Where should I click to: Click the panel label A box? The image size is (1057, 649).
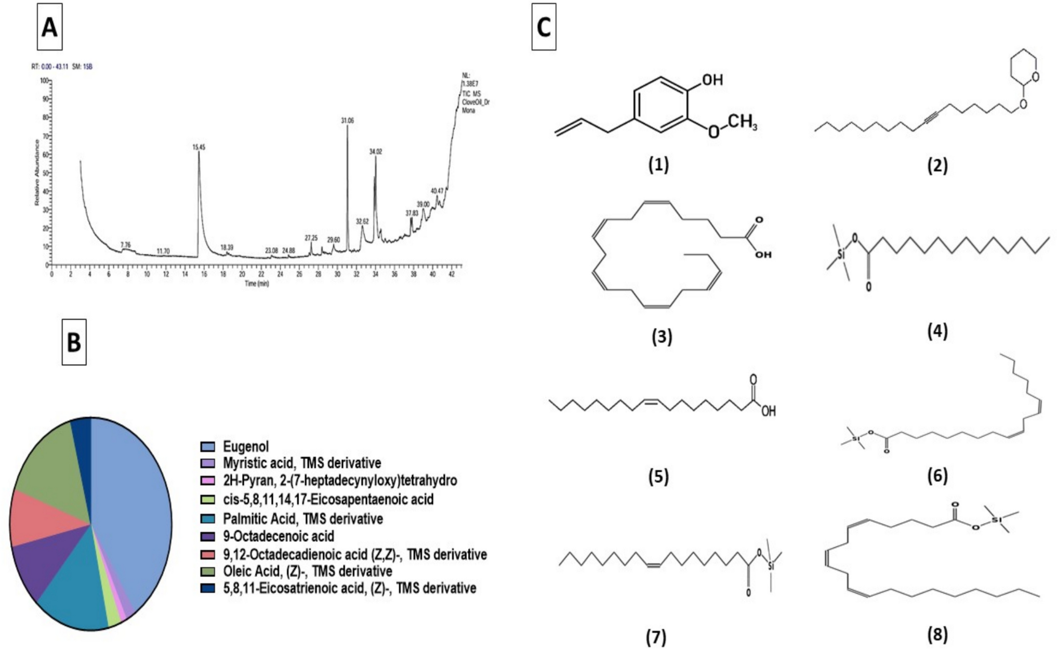[x=50, y=27]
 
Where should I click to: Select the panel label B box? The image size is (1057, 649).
[x=74, y=343]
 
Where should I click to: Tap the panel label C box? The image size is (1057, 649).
[x=544, y=27]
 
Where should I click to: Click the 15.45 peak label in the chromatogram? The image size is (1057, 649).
[x=199, y=147]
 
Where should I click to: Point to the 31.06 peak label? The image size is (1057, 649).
[x=347, y=120]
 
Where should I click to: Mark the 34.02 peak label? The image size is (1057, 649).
[x=375, y=151]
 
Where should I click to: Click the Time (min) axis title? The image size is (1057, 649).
[x=257, y=283]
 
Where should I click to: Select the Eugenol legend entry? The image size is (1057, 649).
[x=245, y=446]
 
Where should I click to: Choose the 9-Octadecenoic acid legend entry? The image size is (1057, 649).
[x=278, y=536]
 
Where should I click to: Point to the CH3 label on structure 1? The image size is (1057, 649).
[x=742, y=124]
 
